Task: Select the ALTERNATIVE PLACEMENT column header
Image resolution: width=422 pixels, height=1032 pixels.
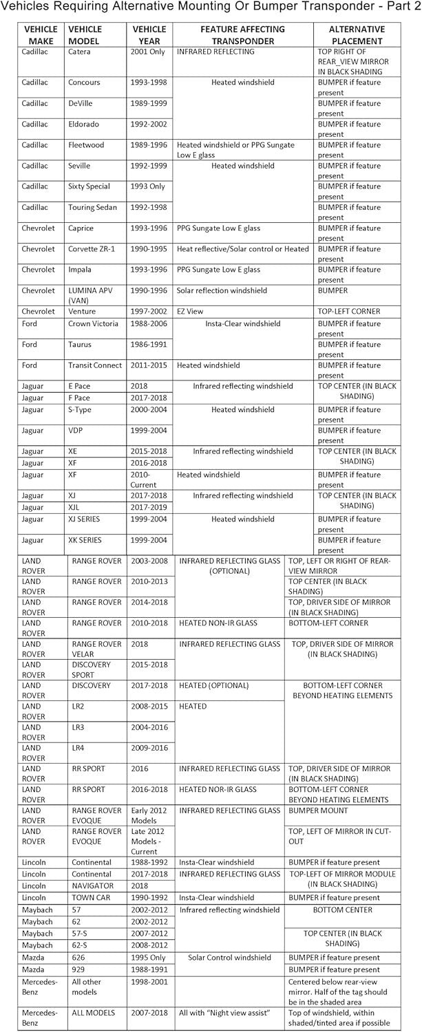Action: (x=357, y=35)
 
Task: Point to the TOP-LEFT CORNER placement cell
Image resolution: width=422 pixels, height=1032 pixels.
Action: (x=348, y=312)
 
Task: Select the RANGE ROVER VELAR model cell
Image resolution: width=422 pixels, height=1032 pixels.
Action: (x=96, y=649)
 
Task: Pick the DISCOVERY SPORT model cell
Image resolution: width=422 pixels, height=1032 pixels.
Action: (x=91, y=669)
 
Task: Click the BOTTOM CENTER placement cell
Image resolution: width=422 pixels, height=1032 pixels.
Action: (x=342, y=910)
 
